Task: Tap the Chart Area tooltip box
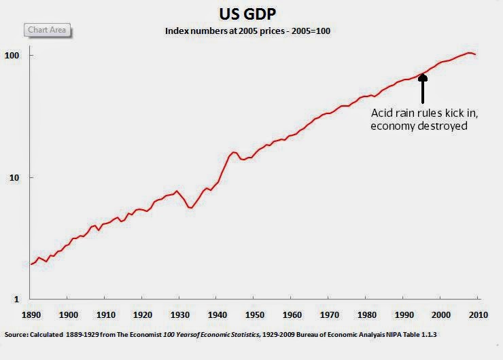(48, 30)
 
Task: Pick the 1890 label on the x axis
(31, 314)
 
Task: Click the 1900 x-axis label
(68, 314)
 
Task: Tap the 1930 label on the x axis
(179, 314)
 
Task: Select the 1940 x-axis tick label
(217, 314)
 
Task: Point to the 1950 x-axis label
(254, 314)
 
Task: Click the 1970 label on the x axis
(329, 314)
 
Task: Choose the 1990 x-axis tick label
(404, 314)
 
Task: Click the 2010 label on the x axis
(478, 314)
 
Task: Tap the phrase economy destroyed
(419, 126)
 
